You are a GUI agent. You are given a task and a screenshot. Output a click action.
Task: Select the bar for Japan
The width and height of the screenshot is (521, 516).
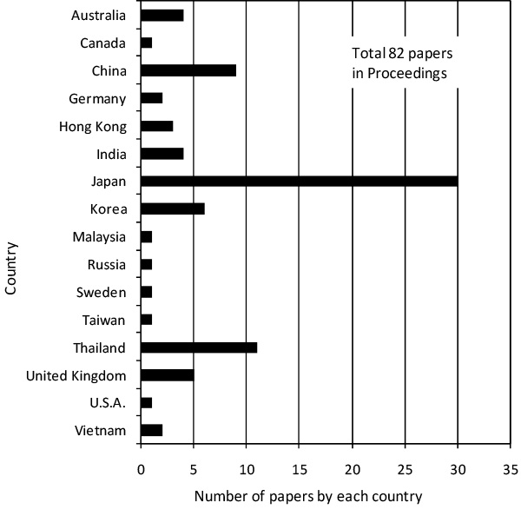299,182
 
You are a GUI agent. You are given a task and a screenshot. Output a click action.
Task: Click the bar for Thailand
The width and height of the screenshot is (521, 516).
199,347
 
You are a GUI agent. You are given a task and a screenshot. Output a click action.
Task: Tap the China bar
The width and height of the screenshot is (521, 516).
188,70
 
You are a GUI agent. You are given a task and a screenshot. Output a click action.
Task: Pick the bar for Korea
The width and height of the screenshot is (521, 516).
172,209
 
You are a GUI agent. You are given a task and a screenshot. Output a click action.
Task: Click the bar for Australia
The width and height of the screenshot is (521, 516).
162,15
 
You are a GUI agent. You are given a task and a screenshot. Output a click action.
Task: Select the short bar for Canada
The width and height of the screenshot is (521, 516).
146,43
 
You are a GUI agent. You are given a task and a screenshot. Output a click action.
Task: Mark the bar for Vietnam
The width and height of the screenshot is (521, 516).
151,431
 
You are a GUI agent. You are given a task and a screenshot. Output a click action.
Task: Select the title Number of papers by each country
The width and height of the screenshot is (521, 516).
308,497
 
